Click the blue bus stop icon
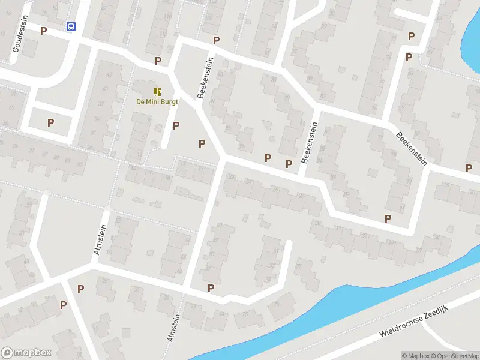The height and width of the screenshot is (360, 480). [71, 26]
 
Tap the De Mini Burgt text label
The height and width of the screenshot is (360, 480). [157, 101]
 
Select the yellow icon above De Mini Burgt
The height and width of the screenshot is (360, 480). [157, 92]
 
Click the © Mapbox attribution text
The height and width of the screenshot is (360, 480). [416, 356]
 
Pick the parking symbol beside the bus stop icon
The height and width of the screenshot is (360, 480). [43, 30]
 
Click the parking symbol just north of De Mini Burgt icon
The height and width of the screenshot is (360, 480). [158, 61]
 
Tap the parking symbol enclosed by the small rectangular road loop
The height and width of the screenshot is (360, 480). [51, 122]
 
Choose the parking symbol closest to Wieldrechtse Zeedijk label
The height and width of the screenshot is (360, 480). [388, 218]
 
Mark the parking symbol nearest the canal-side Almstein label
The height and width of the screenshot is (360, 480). [211, 289]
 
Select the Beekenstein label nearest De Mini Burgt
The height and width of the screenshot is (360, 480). [206, 77]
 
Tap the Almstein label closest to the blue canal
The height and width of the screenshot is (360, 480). [174, 328]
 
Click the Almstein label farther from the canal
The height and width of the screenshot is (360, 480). [100, 239]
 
